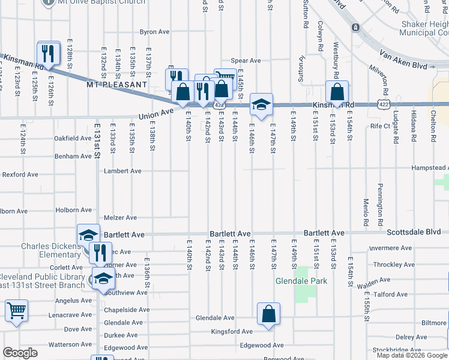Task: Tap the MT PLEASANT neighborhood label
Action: coord(116,85)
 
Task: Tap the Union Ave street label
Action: coord(155,112)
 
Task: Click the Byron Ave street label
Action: coord(155,32)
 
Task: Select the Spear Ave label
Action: coord(246,61)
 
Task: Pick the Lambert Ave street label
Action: coord(122,171)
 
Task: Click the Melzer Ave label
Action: coord(121,218)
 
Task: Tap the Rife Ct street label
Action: coord(380,126)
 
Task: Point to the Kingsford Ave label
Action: coord(232,331)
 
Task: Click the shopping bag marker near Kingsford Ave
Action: coord(268,313)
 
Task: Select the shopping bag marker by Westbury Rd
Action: coord(337,92)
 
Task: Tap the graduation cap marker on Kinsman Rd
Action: coord(261,104)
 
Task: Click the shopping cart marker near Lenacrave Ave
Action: coord(16,311)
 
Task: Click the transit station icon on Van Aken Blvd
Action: coord(355,28)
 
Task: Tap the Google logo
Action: coord(20,353)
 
